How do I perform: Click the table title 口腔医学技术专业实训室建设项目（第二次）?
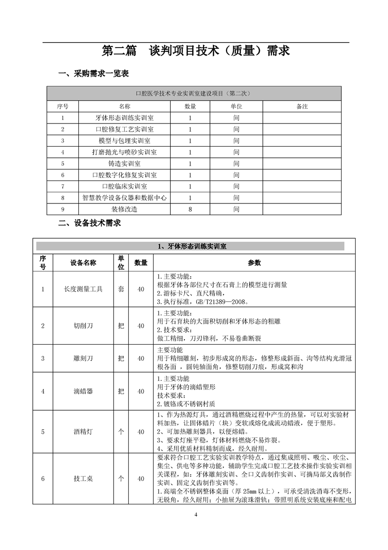coord(194,93)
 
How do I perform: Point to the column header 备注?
coord(302,106)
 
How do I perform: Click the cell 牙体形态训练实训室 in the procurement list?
coord(124,118)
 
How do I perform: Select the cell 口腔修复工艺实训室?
coord(124,129)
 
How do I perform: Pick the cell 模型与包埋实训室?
coord(124,141)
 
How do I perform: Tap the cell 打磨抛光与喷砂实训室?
coord(124,152)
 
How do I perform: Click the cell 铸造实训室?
coord(124,164)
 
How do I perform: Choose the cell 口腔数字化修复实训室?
coord(124,175)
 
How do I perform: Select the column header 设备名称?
coord(83,263)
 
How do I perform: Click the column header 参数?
coord(254,263)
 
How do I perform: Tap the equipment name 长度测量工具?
coord(83,289)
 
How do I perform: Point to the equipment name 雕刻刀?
coord(83,358)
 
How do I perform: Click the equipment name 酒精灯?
coord(83,432)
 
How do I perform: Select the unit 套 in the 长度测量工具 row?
coord(121,289)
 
